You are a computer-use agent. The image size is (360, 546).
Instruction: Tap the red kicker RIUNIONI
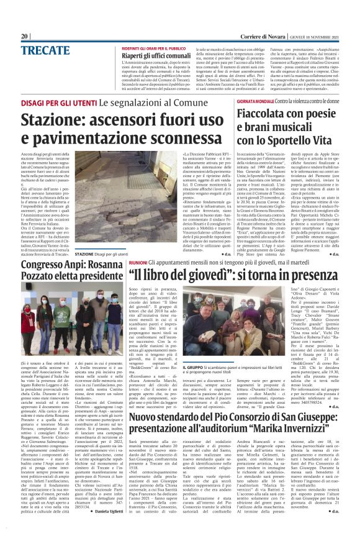(x=138, y=263)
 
